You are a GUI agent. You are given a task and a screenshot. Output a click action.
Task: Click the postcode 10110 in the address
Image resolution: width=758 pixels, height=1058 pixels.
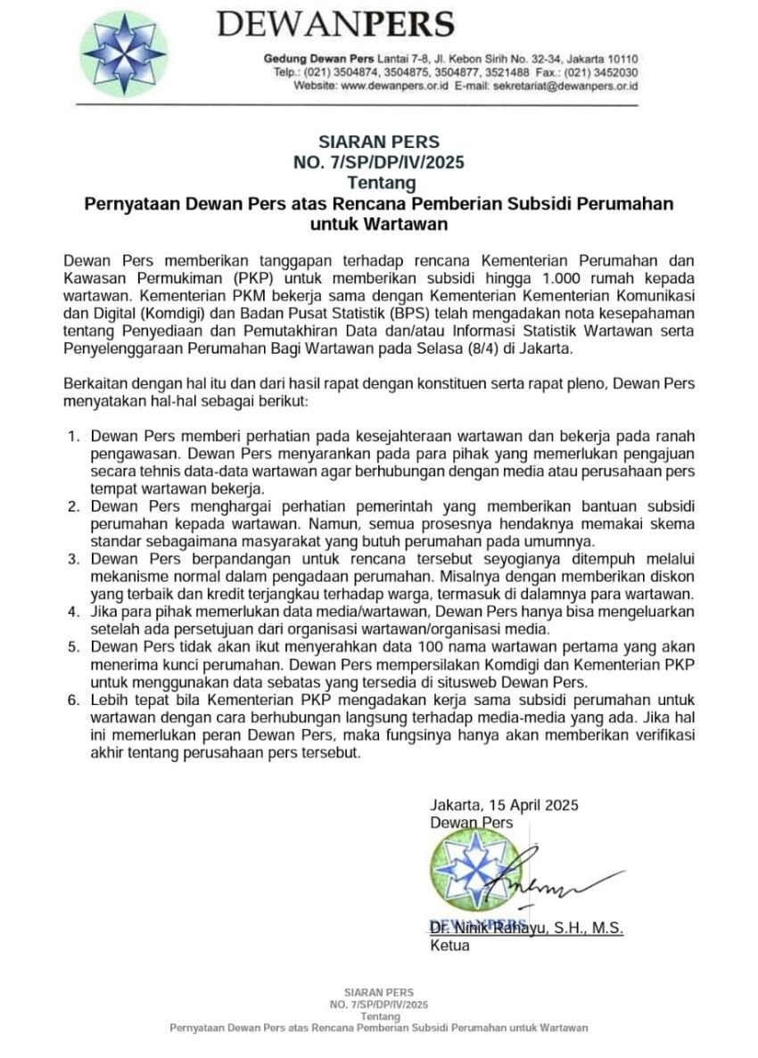coord(621,59)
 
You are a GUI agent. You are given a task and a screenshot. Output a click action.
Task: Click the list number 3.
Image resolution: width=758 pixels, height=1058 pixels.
coord(74,559)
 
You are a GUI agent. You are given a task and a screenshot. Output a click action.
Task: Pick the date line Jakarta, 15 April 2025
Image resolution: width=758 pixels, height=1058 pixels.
coord(504,804)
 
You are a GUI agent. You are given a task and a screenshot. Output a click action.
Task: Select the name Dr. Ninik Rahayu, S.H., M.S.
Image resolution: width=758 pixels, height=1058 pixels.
coord(526,928)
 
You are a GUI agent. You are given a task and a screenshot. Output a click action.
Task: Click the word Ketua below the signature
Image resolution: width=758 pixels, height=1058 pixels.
coord(449,946)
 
